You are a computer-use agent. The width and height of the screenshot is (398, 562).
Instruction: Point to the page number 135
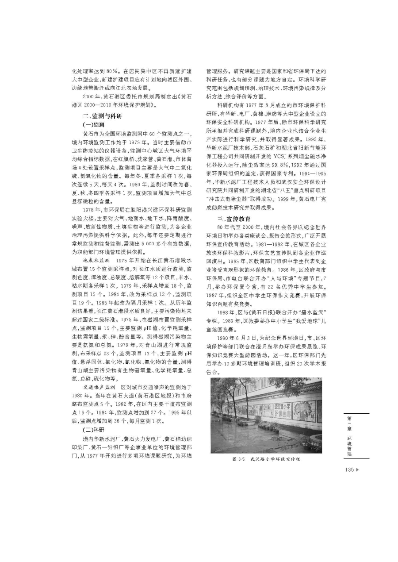349,470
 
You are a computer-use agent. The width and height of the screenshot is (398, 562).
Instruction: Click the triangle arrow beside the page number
358,470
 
